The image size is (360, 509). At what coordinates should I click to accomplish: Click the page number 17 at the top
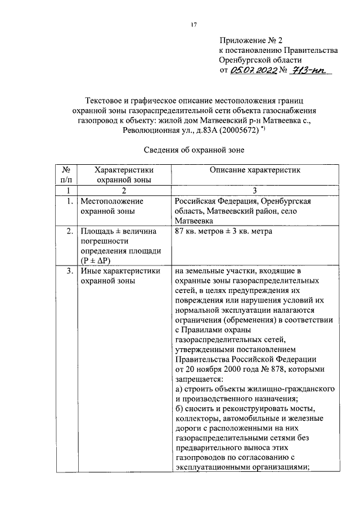pyautogui.click(x=193, y=24)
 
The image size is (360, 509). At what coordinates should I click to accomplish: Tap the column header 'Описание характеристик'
pyautogui.click(x=255, y=169)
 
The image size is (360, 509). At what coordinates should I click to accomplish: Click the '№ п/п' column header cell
pyautogui.click(x=65, y=174)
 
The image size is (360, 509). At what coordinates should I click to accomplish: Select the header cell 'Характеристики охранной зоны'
pyautogui.click(x=124, y=174)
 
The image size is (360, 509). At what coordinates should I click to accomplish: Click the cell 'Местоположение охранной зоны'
pyautogui.click(x=112, y=206)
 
